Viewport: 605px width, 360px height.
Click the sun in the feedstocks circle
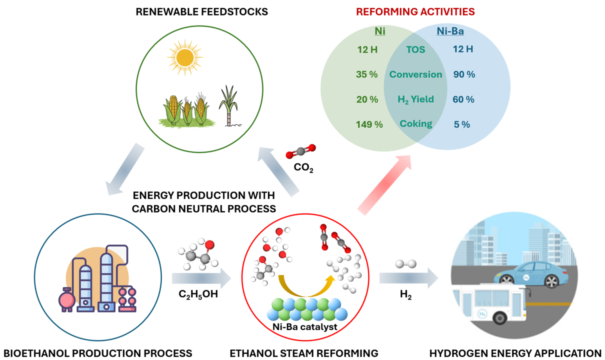(x=185, y=57)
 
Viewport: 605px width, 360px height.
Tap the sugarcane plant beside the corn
(x=228, y=105)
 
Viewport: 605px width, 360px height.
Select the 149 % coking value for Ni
(x=369, y=124)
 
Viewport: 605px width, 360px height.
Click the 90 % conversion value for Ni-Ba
(x=464, y=74)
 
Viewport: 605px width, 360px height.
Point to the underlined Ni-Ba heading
(x=450, y=31)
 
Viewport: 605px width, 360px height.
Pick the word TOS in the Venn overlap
(x=415, y=49)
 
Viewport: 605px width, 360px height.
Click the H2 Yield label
(x=415, y=99)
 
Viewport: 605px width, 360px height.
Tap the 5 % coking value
(x=461, y=124)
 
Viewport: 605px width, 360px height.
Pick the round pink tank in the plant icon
(x=67, y=300)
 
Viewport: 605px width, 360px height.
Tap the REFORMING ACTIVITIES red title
(x=415, y=11)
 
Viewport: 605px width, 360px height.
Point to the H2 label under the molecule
(x=405, y=295)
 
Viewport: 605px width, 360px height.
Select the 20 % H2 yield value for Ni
(x=367, y=99)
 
